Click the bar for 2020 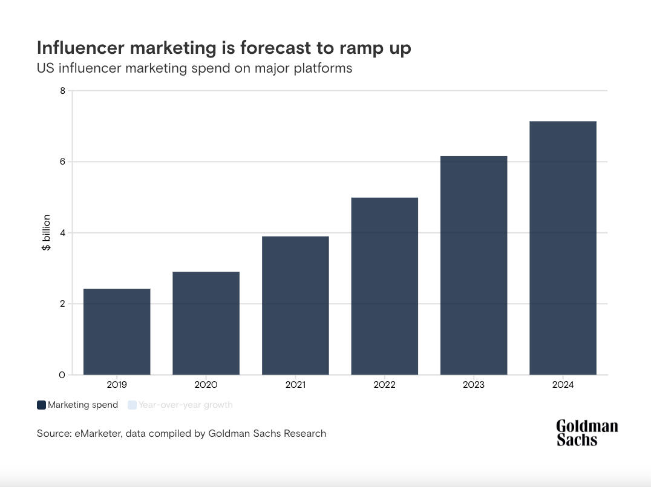206,323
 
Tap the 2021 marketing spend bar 295,305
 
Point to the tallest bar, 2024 563,247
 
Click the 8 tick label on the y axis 62,91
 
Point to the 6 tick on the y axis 62,162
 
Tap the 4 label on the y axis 62,233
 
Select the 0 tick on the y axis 62,375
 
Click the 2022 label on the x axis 384,385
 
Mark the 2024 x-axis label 563,385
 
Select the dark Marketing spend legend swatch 41,405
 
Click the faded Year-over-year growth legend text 185,405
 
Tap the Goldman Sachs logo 586,433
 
